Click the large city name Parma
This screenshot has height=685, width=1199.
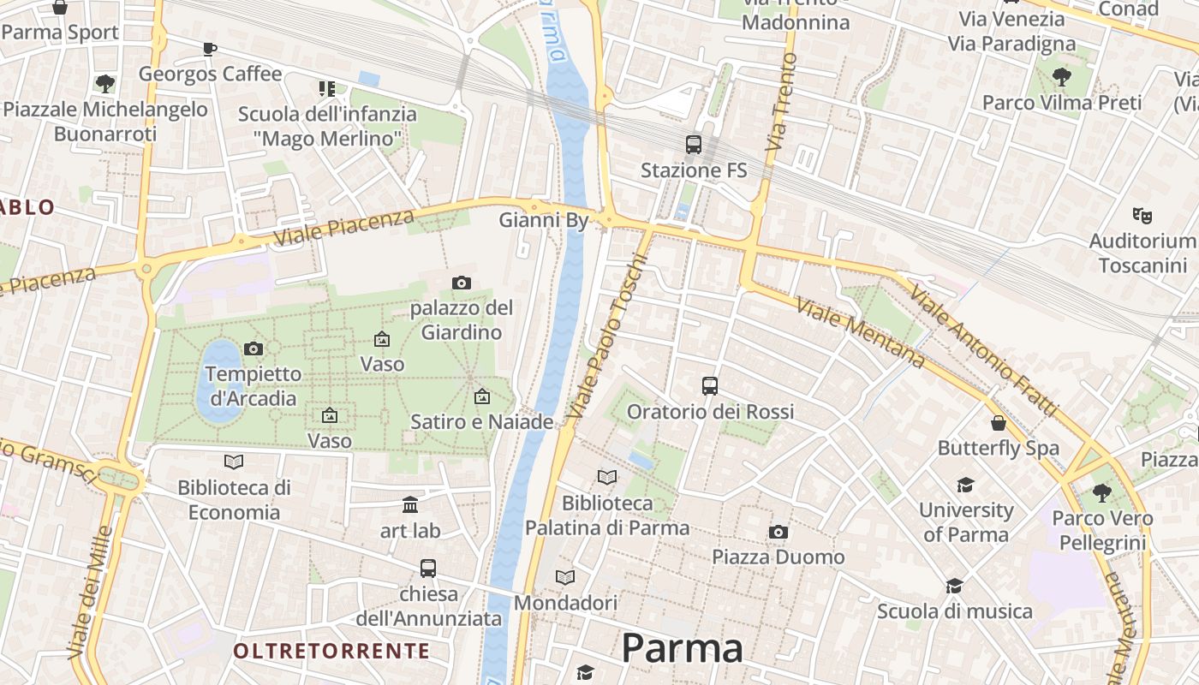682,648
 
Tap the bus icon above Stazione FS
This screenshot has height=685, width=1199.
694,145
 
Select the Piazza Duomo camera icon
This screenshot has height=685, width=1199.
778,532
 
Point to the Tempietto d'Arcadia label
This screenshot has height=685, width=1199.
254,386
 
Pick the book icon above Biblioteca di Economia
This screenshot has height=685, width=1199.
233,462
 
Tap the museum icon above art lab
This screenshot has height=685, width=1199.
410,504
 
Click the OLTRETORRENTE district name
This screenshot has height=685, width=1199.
331,651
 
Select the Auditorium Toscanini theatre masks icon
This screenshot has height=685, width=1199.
1142,214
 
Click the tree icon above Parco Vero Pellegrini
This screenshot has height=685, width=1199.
1102,492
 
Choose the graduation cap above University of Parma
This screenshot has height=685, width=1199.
966,485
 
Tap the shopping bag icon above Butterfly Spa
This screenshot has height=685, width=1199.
999,422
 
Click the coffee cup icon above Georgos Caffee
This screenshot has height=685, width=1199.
210,49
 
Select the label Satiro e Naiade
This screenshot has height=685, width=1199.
481,421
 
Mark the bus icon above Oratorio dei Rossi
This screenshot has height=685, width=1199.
710,385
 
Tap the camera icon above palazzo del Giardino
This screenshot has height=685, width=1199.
462,283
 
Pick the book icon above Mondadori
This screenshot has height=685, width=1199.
565,577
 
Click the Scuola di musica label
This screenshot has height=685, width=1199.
954,611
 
